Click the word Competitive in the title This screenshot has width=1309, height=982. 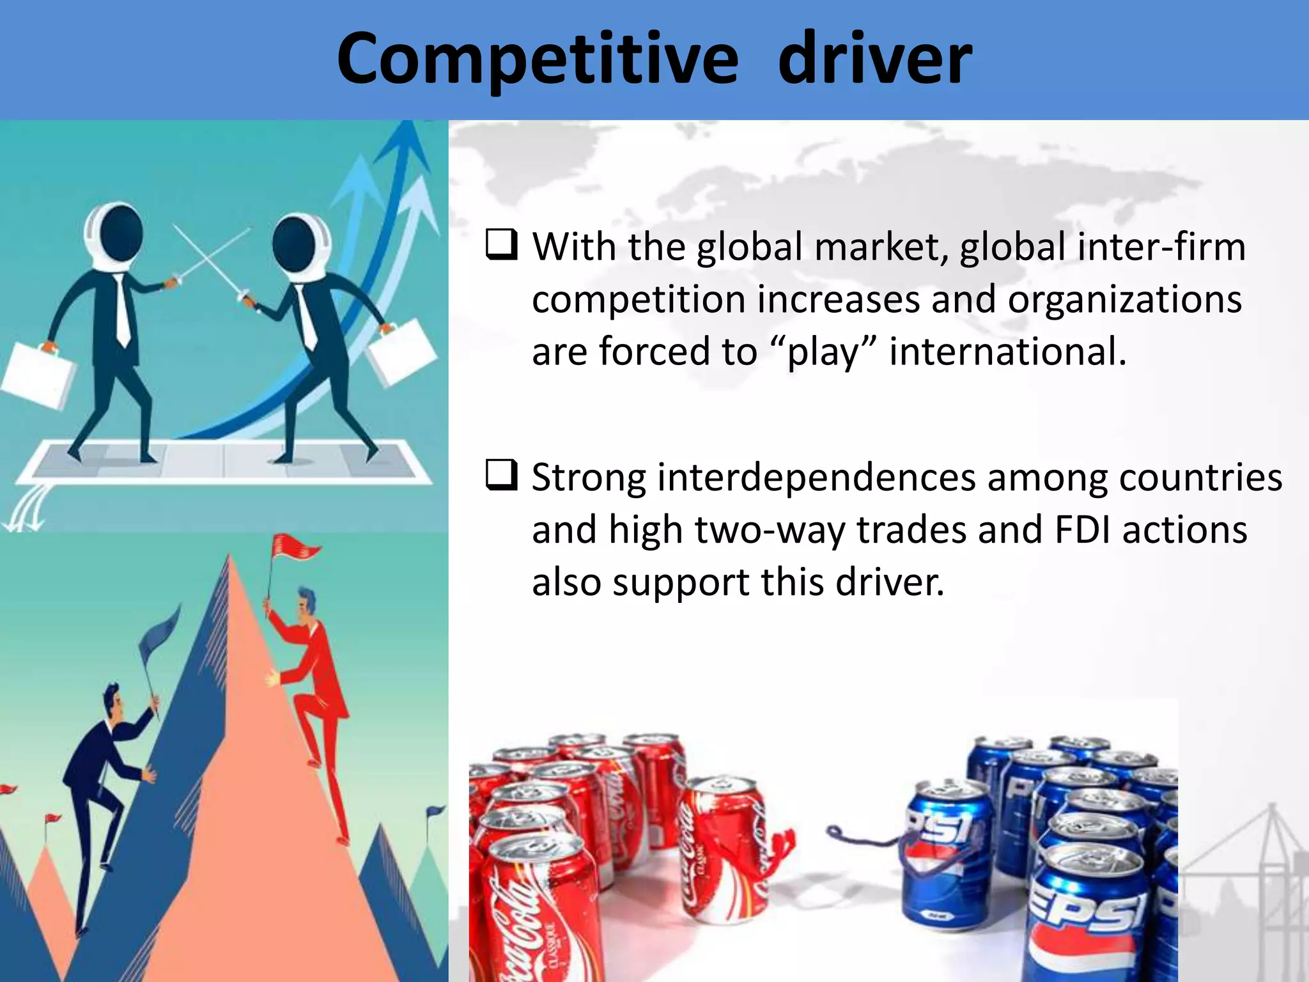[x=537, y=59]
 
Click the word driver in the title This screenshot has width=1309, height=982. [x=874, y=59]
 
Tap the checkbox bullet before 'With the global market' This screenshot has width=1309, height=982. [x=501, y=245]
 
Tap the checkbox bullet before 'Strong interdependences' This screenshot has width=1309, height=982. [x=501, y=476]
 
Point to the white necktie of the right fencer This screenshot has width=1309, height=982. [x=307, y=320]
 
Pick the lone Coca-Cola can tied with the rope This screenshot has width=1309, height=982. [x=725, y=844]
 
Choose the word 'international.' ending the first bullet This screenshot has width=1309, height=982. [x=1007, y=352]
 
